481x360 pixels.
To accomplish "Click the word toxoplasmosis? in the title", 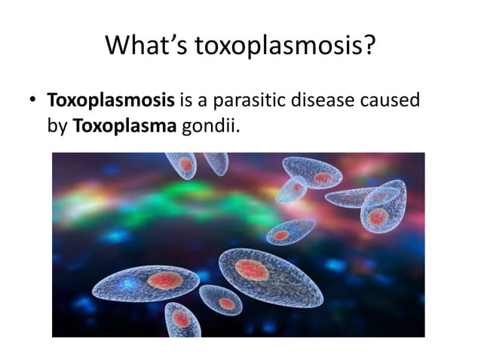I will (286, 47).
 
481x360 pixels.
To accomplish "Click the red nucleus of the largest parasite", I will (251, 269).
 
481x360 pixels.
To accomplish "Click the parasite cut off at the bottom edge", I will (182, 319).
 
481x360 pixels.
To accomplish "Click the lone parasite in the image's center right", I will (290, 232).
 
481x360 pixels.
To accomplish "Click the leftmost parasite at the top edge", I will (182, 165).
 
